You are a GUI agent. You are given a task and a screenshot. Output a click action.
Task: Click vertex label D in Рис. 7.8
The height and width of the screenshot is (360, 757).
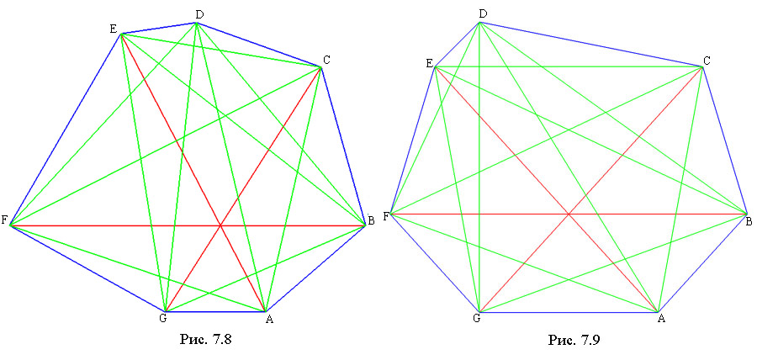[199, 15]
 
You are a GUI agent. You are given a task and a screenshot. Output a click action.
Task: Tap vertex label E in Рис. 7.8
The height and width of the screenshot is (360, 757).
[114, 29]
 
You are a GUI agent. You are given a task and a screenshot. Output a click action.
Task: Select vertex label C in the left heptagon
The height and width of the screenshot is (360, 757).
[327, 60]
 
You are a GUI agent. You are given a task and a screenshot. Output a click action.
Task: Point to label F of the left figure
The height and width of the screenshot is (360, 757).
[4, 221]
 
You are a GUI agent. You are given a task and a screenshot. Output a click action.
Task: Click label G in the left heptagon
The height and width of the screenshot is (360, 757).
[162, 319]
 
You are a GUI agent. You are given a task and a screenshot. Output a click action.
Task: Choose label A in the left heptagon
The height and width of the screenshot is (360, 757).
[269, 319]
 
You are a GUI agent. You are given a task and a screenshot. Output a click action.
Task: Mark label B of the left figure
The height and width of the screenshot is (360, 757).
[371, 221]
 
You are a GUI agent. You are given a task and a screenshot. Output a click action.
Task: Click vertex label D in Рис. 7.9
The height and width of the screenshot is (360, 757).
[482, 14]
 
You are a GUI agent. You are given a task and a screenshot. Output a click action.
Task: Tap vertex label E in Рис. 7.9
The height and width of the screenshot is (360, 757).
[430, 63]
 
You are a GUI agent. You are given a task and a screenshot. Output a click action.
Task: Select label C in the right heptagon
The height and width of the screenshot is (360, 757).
[707, 61]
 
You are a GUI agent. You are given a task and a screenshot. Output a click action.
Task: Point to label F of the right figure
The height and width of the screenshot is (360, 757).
[386, 216]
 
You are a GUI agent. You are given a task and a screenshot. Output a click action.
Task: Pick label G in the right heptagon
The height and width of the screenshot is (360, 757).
[477, 318]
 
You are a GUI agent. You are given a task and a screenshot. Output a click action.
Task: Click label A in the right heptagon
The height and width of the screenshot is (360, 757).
[661, 318]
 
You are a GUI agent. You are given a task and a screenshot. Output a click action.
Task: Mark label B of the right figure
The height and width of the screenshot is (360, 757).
[749, 222]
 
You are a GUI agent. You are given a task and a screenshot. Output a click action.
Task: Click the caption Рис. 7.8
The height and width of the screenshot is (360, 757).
[206, 339]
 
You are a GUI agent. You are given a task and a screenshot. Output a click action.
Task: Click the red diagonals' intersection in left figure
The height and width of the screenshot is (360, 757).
[220, 225]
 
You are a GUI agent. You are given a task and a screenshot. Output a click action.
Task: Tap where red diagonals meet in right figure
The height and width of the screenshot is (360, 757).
[569, 214]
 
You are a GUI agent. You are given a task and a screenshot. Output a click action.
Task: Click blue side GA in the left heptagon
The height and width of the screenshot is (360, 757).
[214, 311]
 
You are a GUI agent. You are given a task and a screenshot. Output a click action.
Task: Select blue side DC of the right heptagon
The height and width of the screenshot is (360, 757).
[591, 45]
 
